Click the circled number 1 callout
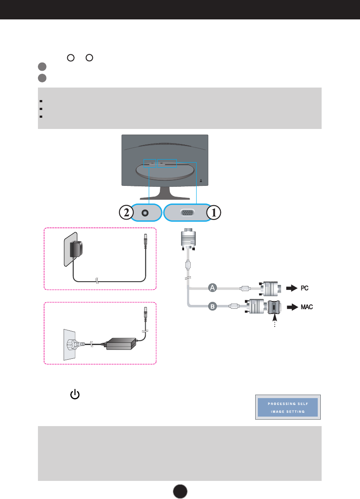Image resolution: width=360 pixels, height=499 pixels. (214, 213)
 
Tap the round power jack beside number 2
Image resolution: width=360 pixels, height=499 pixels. (145, 213)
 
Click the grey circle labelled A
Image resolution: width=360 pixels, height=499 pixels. (212, 287)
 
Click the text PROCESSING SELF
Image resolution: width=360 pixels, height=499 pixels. (287, 404)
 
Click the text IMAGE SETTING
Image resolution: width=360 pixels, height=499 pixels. (287, 411)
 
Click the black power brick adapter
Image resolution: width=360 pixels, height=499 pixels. (120, 344)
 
